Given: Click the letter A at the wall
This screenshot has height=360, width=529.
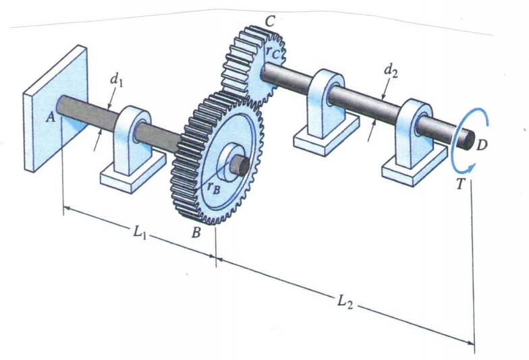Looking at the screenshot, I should click(x=51, y=117).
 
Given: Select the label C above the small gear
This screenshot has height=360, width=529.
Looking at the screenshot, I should click(x=269, y=21).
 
